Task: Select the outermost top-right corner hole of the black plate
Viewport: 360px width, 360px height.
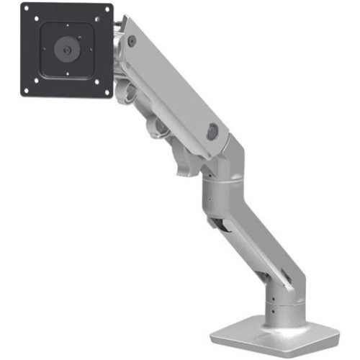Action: [108, 10]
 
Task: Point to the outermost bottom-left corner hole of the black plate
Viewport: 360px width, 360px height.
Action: [26, 92]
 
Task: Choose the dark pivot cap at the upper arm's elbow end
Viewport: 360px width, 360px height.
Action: [212, 132]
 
